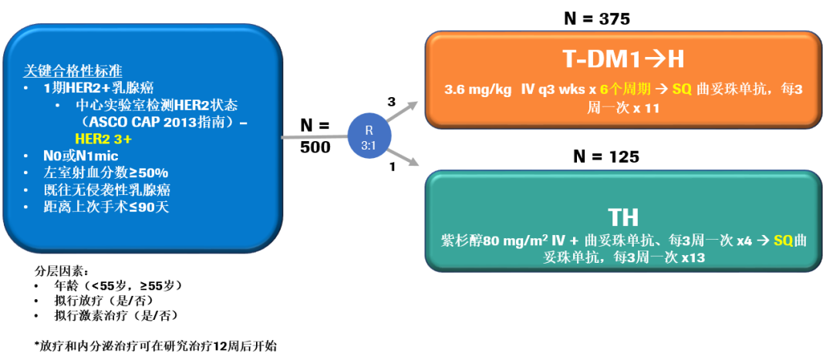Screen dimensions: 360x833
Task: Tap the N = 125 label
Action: click(605, 156)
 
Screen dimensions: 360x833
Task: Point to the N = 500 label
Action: click(314, 136)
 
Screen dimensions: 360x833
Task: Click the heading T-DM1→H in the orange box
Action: click(622, 60)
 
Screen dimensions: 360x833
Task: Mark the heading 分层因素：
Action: click(62, 271)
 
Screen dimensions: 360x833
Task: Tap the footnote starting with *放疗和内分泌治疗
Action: click(154, 346)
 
